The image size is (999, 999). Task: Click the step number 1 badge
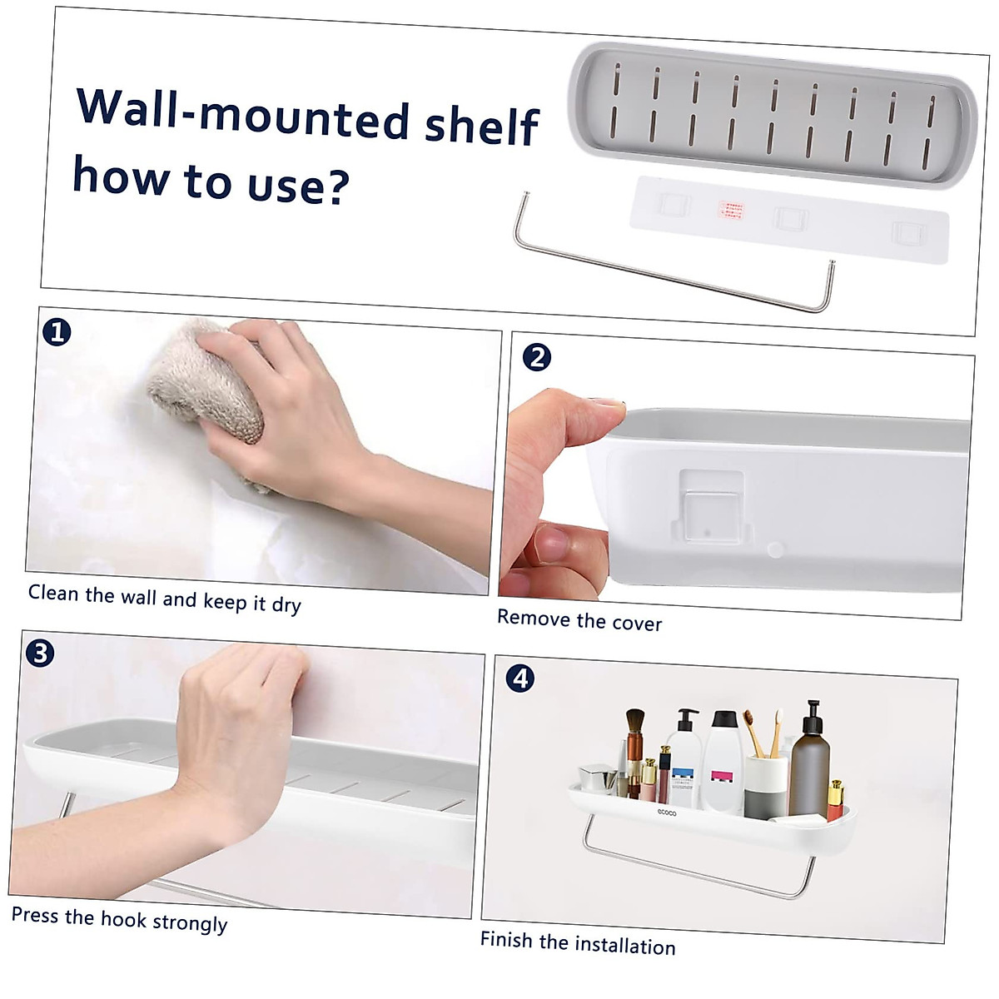tap(57, 333)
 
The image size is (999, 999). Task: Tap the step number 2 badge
tap(537, 358)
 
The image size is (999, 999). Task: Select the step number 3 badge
tap(39, 653)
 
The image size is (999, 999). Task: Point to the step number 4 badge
tap(520, 678)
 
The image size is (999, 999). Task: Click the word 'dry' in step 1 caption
tap(286, 605)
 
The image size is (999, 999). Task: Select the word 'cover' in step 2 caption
tap(635, 623)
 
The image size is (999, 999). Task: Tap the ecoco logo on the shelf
tap(667, 812)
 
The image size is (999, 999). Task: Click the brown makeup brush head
tap(635, 722)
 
